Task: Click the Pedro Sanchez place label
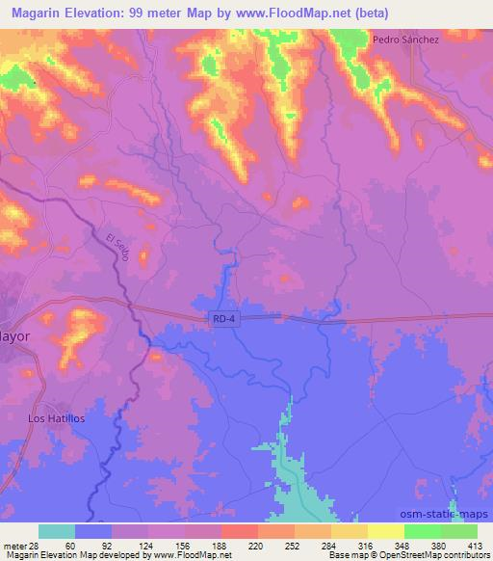[405, 40]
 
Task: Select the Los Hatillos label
[57, 418]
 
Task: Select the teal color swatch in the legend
[57, 531]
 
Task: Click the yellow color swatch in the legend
[385, 531]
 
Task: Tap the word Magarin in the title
[34, 13]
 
